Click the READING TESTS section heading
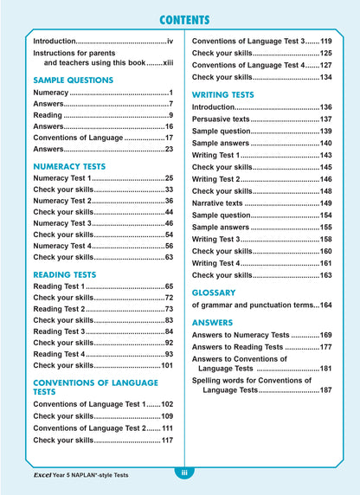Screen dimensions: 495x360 coord(66,273)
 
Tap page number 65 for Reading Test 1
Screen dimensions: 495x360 coord(170,286)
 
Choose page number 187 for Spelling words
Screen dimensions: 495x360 coord(325,390)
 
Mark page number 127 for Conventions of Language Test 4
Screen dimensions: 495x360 coord(325,65)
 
